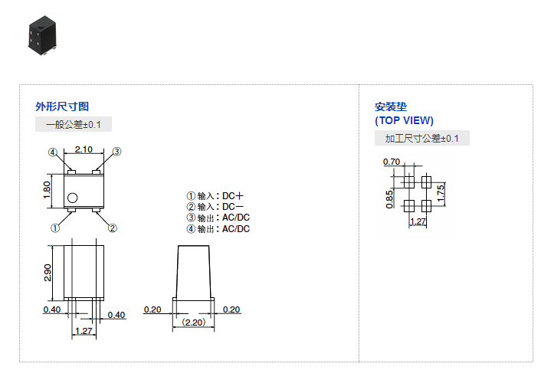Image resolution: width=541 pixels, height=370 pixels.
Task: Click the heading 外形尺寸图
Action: (x=57, y=106)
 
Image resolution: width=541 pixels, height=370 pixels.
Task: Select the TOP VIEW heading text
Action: (x=404, y=120)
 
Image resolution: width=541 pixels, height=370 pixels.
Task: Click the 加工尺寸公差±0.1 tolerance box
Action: (x=421, y=138)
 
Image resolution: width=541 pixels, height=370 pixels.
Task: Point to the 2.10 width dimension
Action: (x=84, y=149)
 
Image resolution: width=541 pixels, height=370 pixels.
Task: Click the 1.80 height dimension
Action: (x=47, y=188)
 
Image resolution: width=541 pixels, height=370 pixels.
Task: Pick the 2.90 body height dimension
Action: (x=47, y=272)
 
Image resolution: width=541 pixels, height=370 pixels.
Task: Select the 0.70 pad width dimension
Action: (x=391, y=162)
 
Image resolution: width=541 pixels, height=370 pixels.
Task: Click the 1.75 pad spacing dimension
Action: (x=441, y=193)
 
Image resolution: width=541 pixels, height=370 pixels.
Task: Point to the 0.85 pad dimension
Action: (x=389, y=198)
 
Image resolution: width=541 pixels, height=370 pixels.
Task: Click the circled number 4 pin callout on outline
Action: (x=53, y=152)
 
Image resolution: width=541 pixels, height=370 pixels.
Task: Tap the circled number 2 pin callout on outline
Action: (x=112, y=228)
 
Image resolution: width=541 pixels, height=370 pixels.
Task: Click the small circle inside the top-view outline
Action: (x=72, y=198)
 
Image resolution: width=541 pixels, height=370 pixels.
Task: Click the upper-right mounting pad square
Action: (x=426, y=182)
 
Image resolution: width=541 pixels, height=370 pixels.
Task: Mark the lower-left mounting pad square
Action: (x=409, y=205)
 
